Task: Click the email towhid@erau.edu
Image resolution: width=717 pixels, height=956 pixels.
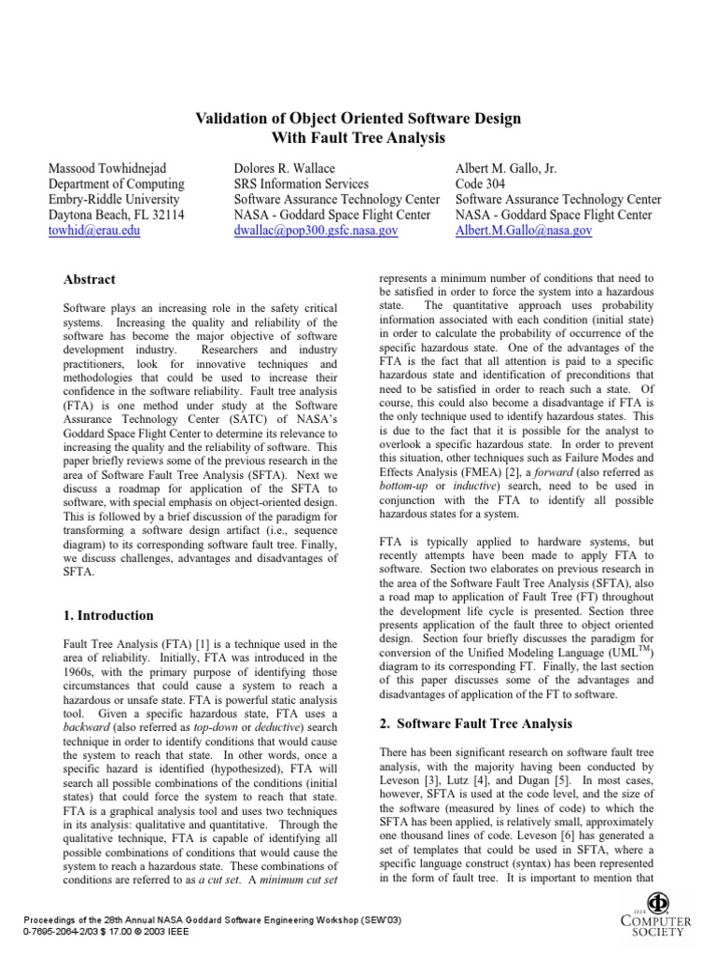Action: point(94,231)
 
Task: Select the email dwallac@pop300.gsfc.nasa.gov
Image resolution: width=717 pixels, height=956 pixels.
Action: point(316,231)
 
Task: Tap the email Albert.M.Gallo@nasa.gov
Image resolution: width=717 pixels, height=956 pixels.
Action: point(524,231)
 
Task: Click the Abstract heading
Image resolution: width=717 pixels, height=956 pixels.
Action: point(90,279)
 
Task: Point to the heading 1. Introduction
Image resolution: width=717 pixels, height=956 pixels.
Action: point(108,616)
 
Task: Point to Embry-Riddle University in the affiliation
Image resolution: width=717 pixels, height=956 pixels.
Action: point(113,200)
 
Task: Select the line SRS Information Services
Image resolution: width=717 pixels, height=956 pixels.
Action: point(301,184)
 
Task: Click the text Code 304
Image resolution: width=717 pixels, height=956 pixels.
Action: point(482,184)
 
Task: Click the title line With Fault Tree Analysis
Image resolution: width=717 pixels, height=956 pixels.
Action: point(357,138)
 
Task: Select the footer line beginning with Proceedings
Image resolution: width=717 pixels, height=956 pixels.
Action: point(201,921)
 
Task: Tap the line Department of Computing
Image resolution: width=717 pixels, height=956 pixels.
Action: point(116,184)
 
